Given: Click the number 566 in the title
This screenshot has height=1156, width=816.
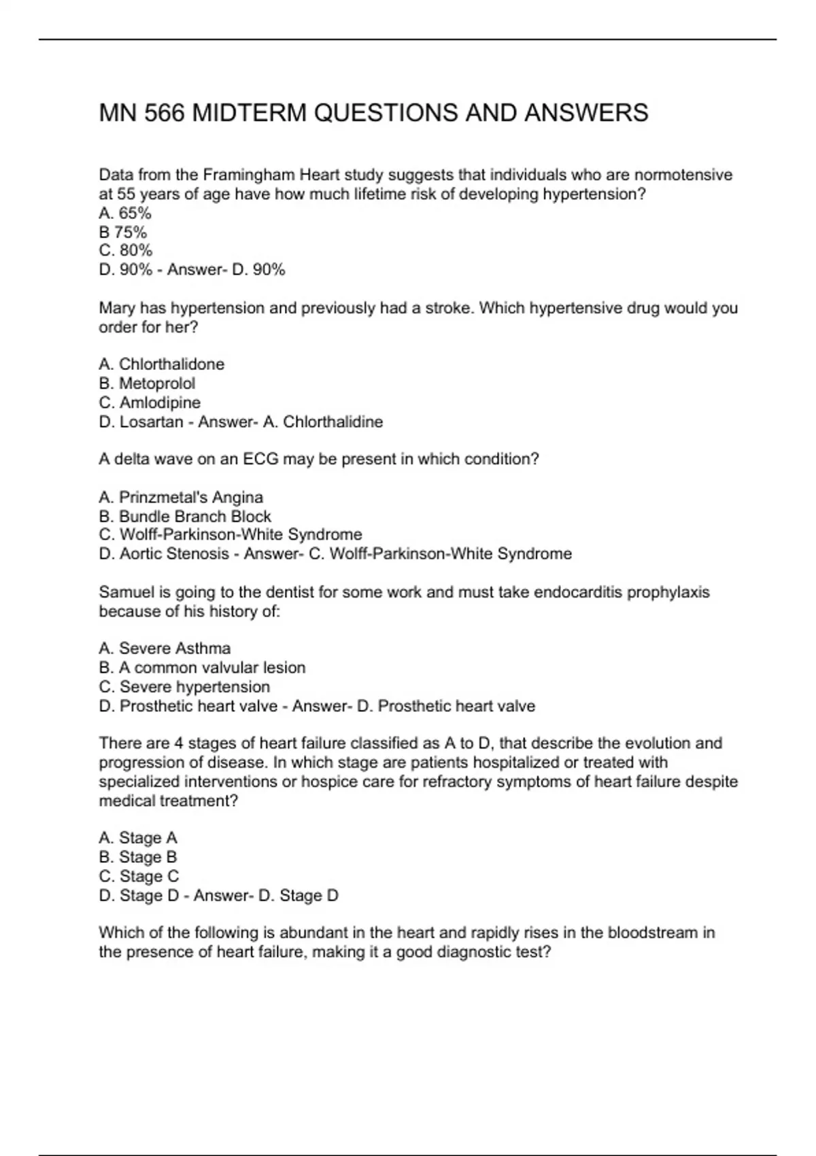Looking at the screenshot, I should coord(164,113).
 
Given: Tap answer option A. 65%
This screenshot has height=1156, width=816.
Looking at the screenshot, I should coord(125,213).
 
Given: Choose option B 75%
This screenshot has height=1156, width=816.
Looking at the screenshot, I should coord(123,232).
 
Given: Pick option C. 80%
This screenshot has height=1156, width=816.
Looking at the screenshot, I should coord(126,251).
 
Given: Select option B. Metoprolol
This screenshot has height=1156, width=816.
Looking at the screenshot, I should coord(147,384).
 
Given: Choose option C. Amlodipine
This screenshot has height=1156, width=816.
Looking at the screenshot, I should coord(150,403).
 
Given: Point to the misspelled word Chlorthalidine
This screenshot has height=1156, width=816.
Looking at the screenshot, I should coord(333,422).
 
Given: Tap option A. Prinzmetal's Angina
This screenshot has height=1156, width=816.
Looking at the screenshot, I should coord(181,498).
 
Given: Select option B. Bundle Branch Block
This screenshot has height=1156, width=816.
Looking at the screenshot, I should coord(185,517).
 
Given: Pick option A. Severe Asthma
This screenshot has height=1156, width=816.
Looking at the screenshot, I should coord(165,649).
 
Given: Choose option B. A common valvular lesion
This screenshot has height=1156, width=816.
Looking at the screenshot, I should coord(202,668).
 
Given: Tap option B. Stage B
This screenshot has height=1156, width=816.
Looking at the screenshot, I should coord(138,857).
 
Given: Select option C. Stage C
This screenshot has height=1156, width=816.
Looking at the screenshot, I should coord(139,877).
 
